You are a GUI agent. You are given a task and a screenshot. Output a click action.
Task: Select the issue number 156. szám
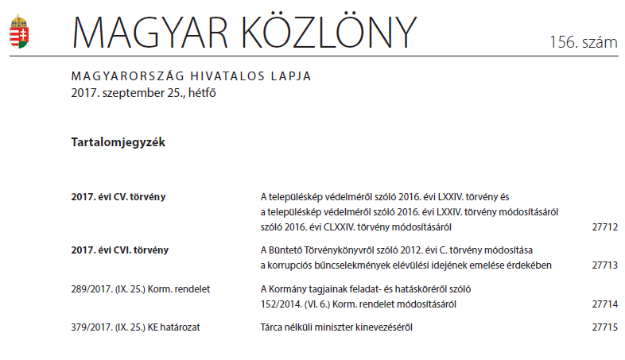pyautogui.click(x=583, y=43)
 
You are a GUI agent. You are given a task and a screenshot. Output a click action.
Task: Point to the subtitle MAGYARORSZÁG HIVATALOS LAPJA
pyautogui.click(x=191, y=76)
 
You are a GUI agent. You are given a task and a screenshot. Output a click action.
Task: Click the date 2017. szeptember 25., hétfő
pyautogui.click(x=143, y=92)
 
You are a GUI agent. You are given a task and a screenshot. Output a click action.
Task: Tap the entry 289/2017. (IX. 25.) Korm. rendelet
pyautogui.click(x=140, y=288)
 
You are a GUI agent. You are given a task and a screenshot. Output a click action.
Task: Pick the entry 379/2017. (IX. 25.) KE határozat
pyautogui.click(x=140, y=327)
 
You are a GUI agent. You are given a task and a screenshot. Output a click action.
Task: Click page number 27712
pyautogui.click(x=604, y=226)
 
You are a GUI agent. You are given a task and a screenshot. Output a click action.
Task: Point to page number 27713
pyautogui.click(x=604, y=265)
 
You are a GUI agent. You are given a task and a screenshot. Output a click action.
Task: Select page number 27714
pyautogui.click(x=604, y=304)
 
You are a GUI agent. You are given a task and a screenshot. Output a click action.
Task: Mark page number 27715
pyautogui.click(x=604, y=327)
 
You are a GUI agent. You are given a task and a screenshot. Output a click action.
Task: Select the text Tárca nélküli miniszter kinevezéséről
pyautogui.click(x=337, y=327)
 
